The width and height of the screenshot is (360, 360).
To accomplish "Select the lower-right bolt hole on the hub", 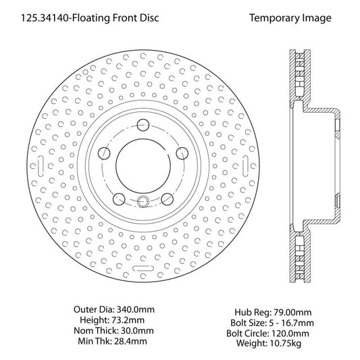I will tap(165, 199).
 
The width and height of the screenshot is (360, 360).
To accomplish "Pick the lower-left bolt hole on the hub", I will tap(119, 199).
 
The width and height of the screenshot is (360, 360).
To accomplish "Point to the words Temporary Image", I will tap(290, 18).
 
